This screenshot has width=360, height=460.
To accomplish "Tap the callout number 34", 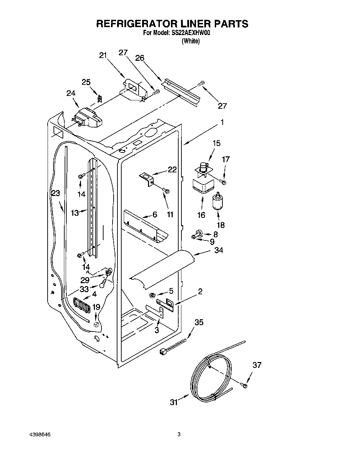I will (219, 250).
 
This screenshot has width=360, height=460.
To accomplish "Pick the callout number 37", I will (257, 365).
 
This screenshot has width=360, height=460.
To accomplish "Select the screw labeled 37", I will (244, 385).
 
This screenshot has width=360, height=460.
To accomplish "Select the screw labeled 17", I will (223, 182).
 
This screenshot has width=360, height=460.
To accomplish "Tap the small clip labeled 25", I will (100, 99).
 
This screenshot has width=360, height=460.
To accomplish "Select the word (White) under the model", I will (190, 41).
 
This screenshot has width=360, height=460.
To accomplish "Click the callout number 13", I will (75, 213).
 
